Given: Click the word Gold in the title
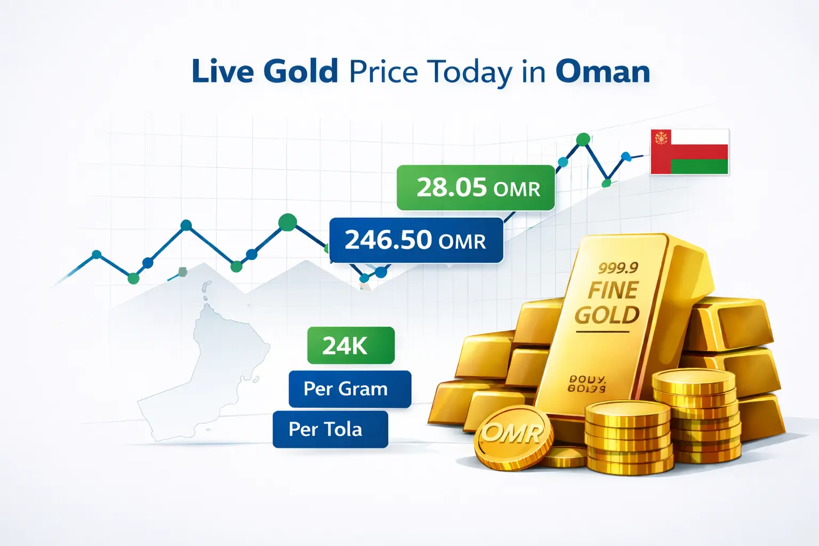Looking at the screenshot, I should click(301, 71).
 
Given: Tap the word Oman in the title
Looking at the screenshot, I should click(603, 71).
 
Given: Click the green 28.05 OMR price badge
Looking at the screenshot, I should click(476, 188).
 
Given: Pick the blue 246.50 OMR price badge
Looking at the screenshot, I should click(416, 240).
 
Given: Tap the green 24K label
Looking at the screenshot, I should click(350, 346).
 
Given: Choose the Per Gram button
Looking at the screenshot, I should click(349, 389).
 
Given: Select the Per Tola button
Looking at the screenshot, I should click(330, 429).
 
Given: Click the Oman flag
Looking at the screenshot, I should click(689, 151).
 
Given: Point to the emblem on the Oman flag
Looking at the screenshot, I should click(661, 138).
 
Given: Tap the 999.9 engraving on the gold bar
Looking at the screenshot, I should click(618, 267).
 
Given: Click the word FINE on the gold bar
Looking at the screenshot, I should click(613, 291).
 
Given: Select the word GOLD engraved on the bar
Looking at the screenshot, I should click(607, 315).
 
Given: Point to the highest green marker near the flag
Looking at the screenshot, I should click(583, 140).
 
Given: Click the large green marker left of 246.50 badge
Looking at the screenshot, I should click(287, 222).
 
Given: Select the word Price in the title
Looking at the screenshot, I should click(383, 71).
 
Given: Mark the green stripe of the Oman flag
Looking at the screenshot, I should click(698, 166).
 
